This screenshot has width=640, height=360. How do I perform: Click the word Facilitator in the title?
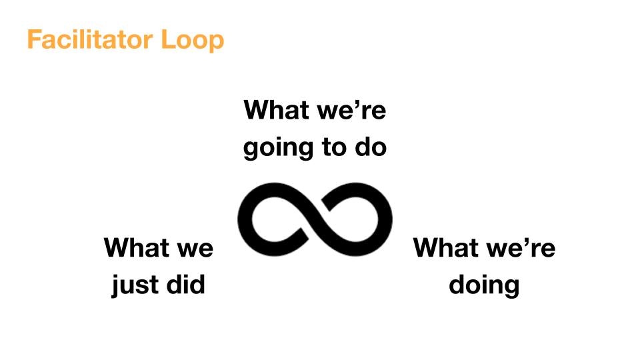(90, 39)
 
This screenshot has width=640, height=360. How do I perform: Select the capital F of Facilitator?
(33, 39)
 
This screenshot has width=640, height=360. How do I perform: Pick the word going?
(278, 149)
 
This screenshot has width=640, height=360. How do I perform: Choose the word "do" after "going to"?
(371, 146)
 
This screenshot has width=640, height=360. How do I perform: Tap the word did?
(186, 284)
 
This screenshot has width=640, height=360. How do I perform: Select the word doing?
(484, 285)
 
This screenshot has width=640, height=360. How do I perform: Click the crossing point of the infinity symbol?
(315, 219)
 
